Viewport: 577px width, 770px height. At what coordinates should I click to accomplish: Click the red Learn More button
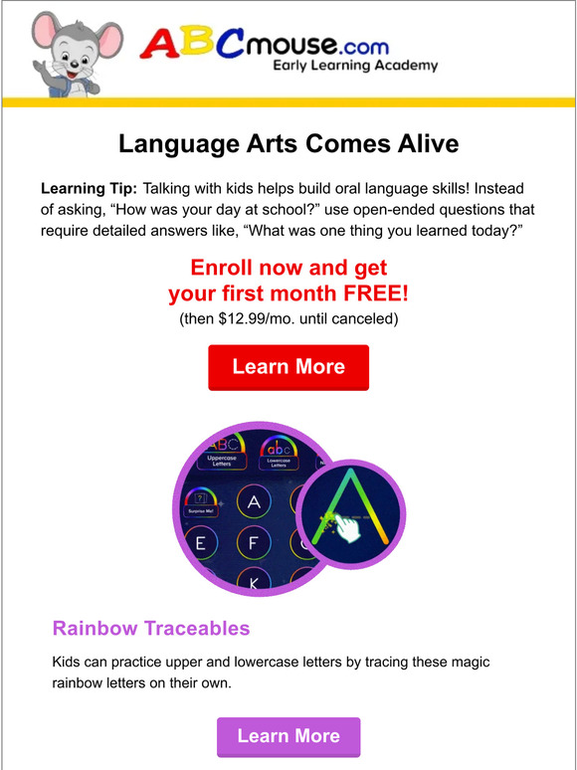(x=288, y=367)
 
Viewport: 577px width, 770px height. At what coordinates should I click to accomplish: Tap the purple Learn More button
(x=288, y=737)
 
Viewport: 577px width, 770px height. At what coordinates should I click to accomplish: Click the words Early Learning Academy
(x=355, y=67)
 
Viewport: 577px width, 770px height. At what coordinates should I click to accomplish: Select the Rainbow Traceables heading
(x=151, y=629)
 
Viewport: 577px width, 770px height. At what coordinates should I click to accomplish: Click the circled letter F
(x=254, y=544)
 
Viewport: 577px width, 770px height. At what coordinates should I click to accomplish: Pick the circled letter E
(x=200, y=544)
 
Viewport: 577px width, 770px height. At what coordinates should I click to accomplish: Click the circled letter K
(x=253, y=583)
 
